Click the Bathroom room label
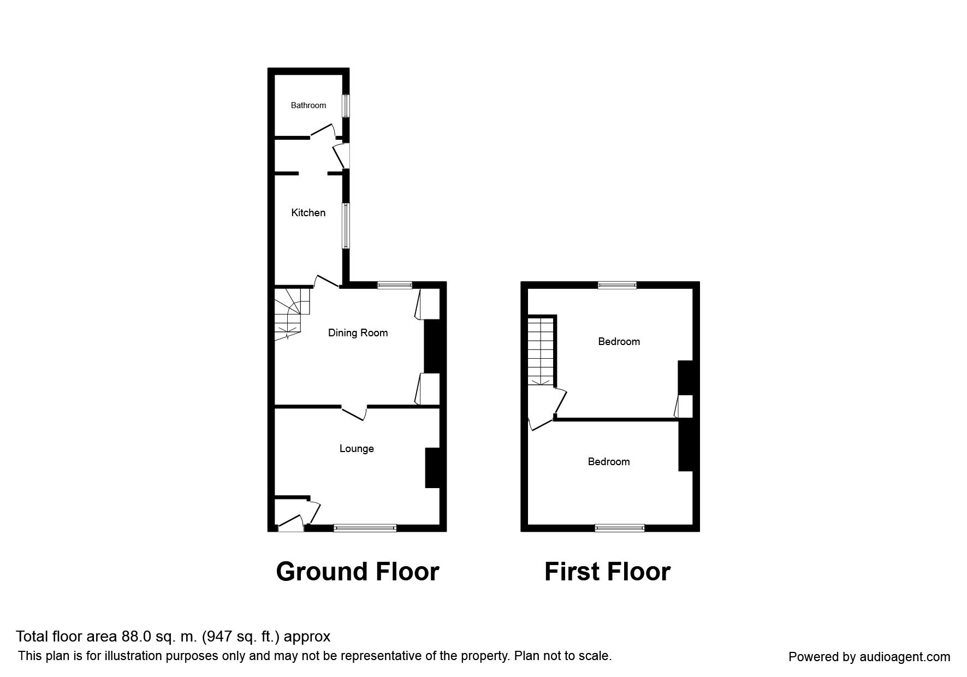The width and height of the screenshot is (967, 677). [x=308, y=105]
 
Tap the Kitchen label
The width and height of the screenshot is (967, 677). [x=308, y=213]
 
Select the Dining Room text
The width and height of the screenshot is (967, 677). [x=358, y=332]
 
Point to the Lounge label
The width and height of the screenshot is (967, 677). [x=357, y=449]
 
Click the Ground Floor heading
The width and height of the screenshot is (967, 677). [x=358, y=572]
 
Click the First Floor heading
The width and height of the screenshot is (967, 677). [x=607, y=572]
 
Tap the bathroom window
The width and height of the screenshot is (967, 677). [x=346, y=105]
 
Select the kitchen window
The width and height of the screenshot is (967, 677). [x=346, y=226]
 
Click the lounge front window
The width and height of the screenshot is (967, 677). [x=365, y=527]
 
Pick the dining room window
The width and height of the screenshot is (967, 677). [x=395, y=284]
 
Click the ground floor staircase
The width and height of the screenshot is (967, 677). [x=291, y=313]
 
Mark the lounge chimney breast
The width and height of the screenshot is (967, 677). [x=432, y=467]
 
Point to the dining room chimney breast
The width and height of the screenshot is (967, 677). [x=432, y=346]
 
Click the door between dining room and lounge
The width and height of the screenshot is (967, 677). [x=354, y=412]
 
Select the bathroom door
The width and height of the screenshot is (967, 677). [x=323, y=130]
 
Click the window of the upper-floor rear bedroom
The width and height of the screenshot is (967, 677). [x=618, y=284]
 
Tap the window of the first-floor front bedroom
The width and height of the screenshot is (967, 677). [x=620, y=527]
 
